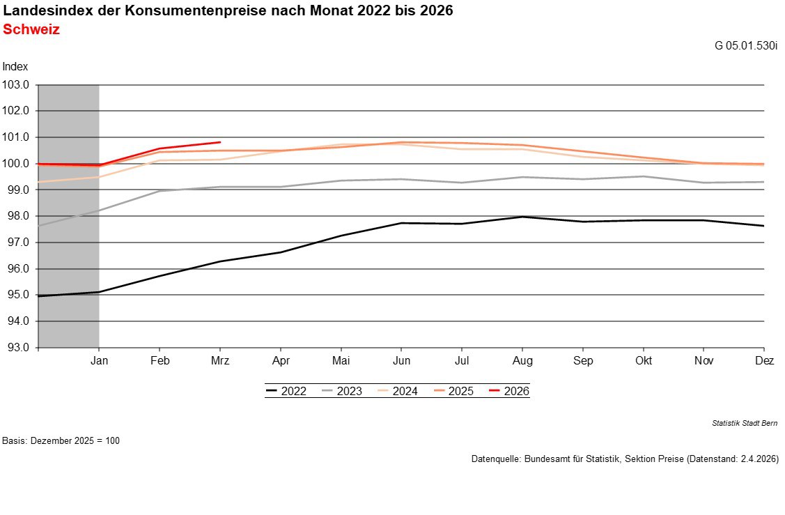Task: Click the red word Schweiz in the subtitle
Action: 31,30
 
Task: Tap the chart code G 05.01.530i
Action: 746,46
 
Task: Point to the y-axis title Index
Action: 15,67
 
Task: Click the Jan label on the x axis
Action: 99,361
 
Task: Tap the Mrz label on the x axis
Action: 220,361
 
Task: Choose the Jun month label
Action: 401,361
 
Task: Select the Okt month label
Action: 644,361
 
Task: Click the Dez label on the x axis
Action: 764,361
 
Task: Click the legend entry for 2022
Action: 286,391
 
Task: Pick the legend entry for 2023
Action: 342,391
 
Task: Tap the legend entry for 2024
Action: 398,391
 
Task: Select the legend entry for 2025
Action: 453,391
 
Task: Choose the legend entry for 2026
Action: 509,391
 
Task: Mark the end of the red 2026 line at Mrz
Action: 220,142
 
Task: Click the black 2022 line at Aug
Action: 522,217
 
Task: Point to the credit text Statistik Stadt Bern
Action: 745,423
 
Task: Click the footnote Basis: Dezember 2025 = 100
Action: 61,441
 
